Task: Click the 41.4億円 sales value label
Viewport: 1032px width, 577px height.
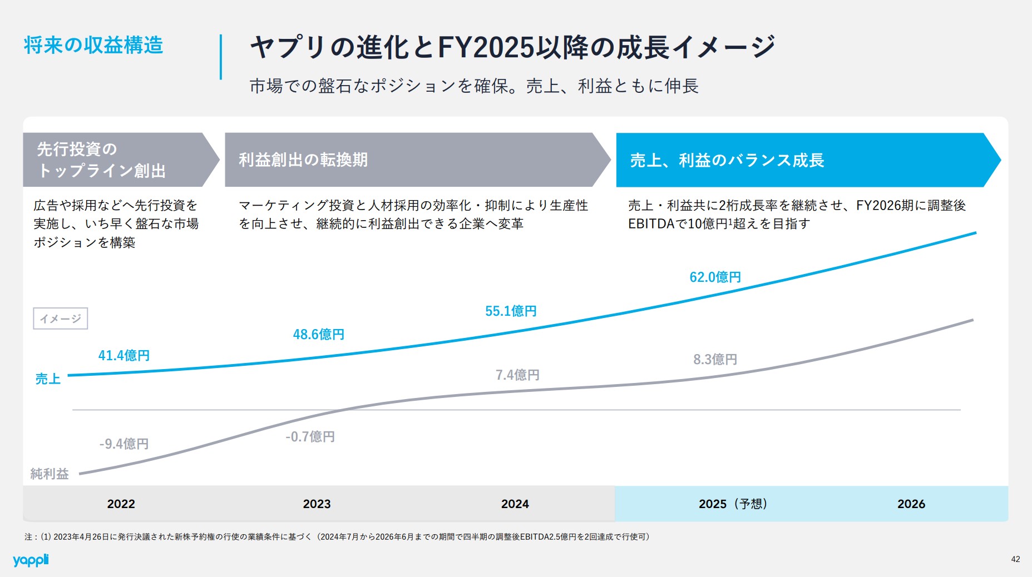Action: coord(124,356)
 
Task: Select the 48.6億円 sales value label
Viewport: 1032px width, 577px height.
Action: coord(318,335)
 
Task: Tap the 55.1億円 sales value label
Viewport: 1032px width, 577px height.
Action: coord(510,311)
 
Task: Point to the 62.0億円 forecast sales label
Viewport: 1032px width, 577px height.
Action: coord(715,277)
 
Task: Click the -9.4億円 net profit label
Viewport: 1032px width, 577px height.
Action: coord(124,444)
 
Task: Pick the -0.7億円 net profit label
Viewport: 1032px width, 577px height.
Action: coord(310,437)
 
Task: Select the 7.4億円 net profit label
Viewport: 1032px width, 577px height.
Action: coord(517,375)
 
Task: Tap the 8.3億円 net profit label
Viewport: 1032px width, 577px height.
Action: coord(715,360)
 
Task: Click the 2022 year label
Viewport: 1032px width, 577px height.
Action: coord(121,504)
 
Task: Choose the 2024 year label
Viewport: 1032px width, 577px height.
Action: coord(515,504)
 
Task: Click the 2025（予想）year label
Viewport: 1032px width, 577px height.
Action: coord(733,504)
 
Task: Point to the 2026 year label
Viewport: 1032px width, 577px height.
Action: coord(911,504)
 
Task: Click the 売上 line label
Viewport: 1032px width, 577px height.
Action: coord(48,379)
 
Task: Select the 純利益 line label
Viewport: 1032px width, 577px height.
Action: coord(50,474)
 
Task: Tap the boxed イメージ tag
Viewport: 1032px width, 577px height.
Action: coord(60,319)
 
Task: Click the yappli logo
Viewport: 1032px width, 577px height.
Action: coord(31,560)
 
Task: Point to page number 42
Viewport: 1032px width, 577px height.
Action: coord(1015,560)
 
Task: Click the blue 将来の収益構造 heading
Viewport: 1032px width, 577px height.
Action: coord(93,45)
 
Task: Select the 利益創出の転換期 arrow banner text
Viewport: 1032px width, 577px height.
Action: coord(303,160)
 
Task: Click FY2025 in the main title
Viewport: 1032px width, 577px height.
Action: coord(486,47)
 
